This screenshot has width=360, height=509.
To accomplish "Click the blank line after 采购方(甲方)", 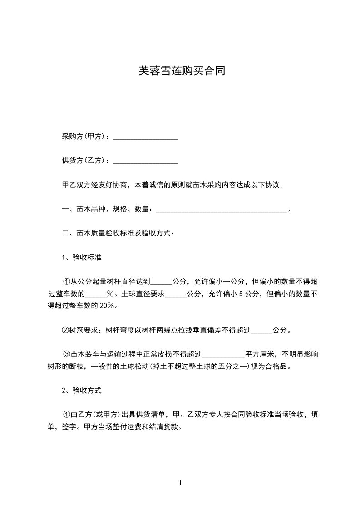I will [145, 137].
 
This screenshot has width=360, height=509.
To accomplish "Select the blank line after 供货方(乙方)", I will [145, 161].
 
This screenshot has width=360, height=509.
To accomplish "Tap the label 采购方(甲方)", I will [84, 137].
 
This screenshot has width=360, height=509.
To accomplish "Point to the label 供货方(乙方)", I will [84, 161].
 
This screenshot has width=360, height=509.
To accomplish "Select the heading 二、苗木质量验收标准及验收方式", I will [118, 234].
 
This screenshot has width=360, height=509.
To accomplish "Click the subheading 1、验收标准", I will [81, 258].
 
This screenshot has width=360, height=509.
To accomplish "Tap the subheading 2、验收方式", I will [81, 390].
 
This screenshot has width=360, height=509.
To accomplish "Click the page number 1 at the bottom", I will [180, 483].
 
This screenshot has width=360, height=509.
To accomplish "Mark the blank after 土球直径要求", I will [175, 294].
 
